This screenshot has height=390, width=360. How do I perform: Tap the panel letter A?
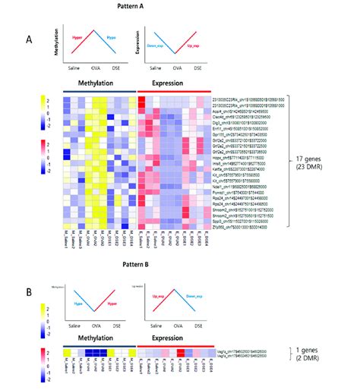[x=28, y=40]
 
